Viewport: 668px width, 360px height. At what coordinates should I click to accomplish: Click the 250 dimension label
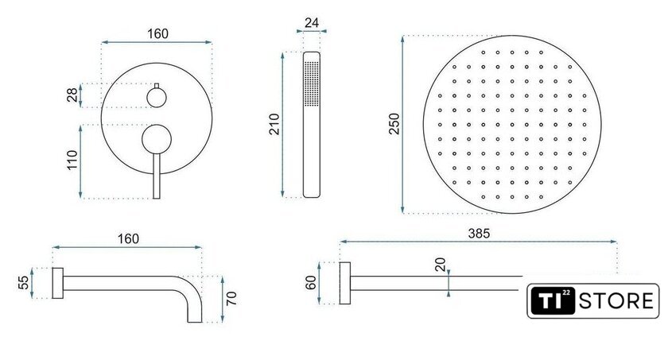[x=394, y=123]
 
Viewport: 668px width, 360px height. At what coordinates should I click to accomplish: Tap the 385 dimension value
[x=479, y=233]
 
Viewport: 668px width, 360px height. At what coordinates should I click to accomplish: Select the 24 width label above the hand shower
[x=312, y=22]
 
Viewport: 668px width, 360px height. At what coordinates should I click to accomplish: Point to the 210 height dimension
[x=274, y=124]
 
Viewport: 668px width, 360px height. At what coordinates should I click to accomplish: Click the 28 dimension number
[x=72, y=95]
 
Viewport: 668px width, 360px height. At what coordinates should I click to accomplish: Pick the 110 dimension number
[x=72, y=160]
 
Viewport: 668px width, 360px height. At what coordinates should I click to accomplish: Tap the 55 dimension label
[x=24, y=283]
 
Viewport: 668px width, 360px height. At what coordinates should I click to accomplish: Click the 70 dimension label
[x=231, y=298]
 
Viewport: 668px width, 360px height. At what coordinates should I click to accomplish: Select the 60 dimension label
[x=312, y=283]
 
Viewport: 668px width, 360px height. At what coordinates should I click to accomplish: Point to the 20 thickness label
[x=440, y=265]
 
